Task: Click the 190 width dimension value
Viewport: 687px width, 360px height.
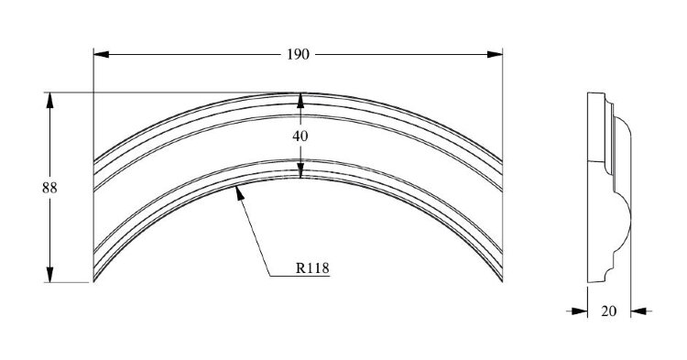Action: [298, 55]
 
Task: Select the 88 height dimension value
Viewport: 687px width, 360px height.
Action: [49, 188]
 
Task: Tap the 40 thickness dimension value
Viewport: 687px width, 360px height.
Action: [300, 136]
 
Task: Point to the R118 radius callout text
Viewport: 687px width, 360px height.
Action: [312, 267]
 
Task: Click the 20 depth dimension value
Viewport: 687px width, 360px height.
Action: [608, 311]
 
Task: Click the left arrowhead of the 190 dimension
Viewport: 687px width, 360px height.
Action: [101, 54]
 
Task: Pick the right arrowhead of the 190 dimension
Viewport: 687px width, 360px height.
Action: [495, 54]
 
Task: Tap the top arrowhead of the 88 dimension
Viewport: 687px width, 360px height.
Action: [50, 100]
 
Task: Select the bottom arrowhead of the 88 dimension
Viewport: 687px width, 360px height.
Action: [50, 275]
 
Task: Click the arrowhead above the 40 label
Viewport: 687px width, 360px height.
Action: [300, 100]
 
